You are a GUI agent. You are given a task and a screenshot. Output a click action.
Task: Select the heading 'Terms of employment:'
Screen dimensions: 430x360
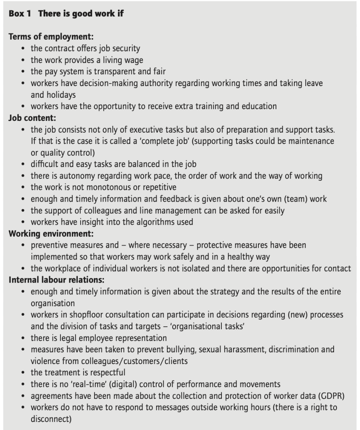click(51, 37)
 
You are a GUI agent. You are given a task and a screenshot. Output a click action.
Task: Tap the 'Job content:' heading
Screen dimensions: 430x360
click(32, 118)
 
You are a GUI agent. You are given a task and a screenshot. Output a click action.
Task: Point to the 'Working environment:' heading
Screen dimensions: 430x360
click(51, 233)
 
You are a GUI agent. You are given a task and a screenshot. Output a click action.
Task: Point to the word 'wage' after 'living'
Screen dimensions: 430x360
click(134, 60)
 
